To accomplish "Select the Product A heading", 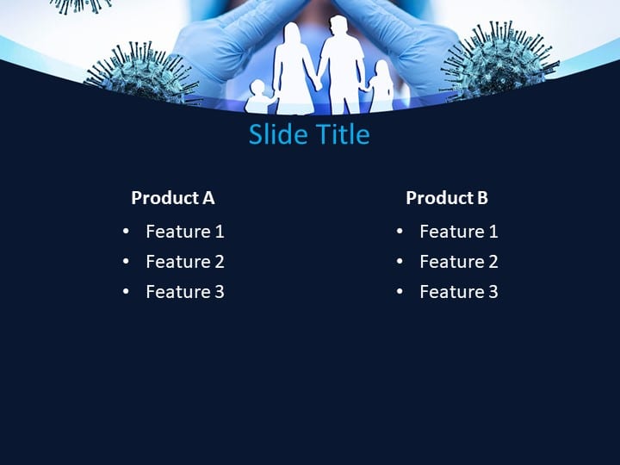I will coord(172,198).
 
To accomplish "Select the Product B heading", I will coord(446,198).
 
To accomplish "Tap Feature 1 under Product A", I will coord(184,232).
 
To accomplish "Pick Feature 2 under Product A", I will coord(184,262).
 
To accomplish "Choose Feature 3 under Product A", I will coord(184,292).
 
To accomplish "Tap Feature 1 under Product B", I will coord(458,232).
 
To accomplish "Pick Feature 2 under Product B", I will coord(458,262).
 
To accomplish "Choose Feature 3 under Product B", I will coord(458,292).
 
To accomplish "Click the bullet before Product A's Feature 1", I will coord(127,232).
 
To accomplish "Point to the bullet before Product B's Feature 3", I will coord(400,292).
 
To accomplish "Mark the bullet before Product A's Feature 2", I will coord(127,262).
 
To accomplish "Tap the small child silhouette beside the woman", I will coord(257,97).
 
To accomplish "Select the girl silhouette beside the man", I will coord(380,87).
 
